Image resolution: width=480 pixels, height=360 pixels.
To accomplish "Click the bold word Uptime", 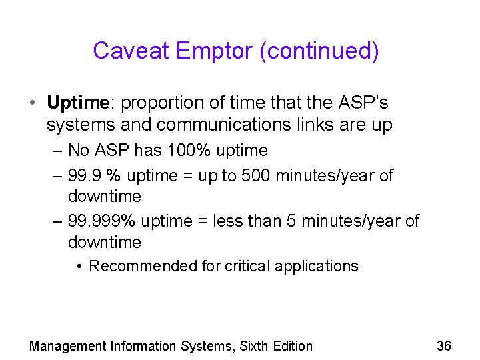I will [77, 103].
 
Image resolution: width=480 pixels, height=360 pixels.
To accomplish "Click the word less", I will [227, 221].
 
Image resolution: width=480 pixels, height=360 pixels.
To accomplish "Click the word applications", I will [317, 267].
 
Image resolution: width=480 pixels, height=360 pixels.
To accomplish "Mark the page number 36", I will [443, 345].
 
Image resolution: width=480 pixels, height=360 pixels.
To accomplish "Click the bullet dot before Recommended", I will [79, 267].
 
